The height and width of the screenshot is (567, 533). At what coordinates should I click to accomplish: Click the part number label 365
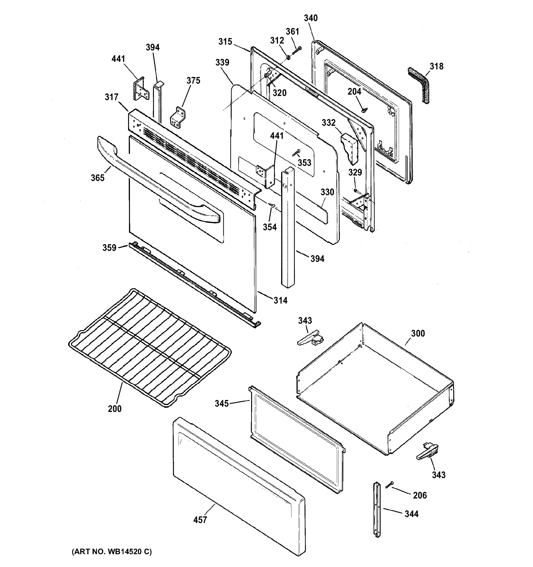(98, 178)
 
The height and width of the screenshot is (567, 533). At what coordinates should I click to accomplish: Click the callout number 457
(200, 520)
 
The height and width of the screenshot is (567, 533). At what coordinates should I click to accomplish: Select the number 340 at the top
(310, 18)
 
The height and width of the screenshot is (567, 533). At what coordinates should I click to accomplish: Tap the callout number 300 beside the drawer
(418, 333)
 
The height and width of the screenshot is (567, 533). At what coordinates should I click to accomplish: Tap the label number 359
(110, 248)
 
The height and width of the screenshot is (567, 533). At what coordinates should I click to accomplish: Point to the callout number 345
(222, 404)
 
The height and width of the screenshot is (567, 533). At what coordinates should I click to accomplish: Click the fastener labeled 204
(364, 110)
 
